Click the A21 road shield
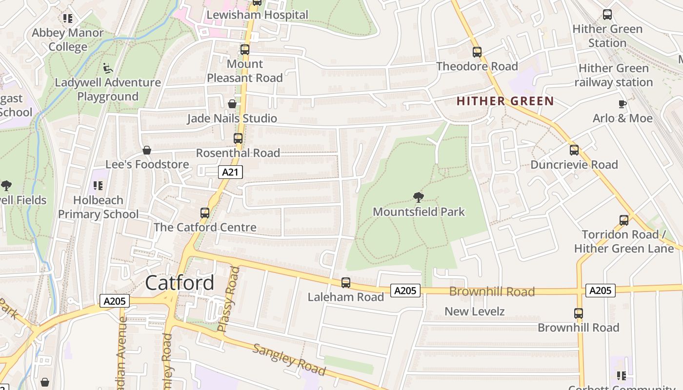[x=230, y=172]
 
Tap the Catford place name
[x=180, y=283]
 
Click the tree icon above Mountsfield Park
[x=418, y=197]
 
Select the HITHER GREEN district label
[x=505, y=101]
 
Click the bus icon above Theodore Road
[x=477, y=52]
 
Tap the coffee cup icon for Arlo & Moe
[x=622, y=104]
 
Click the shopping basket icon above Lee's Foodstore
[x=146, y=150]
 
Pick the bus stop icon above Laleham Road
[x=345, y=282]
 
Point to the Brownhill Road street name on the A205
[x=492, y=292]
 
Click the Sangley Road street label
[x=289, y=359]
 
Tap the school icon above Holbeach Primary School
[x=98, y=186]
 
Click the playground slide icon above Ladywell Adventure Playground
[x=108, y=68]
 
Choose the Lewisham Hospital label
[x=257, y=15]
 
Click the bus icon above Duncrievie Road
[x=574, y=150]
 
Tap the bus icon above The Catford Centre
[x=205, y=213]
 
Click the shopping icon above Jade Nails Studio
[x=232, y=104]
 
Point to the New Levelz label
[x=474, y=311]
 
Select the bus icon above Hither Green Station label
[x=607, y=15]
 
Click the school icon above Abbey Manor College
[x=67, y=19]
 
